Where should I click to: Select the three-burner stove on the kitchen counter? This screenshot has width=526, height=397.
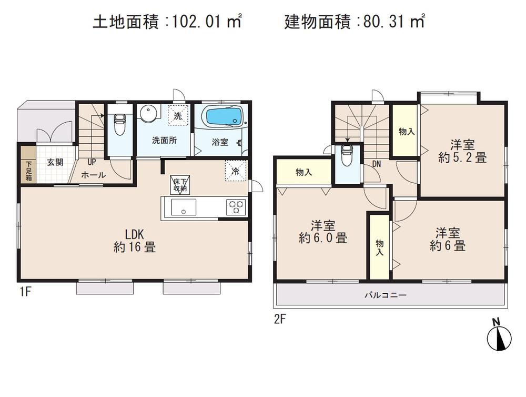coord(235,206)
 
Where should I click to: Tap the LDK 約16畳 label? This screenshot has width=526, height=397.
coord(134,241)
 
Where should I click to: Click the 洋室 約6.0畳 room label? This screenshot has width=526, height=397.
coord(322,232)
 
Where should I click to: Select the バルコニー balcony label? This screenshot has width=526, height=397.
coord(386,295)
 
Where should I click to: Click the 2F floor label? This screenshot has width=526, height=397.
coord(279,318)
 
